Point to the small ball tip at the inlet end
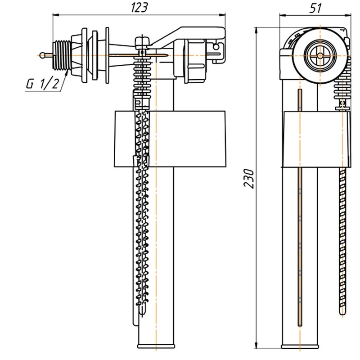[42, 55]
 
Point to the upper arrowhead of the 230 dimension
[256, 31]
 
